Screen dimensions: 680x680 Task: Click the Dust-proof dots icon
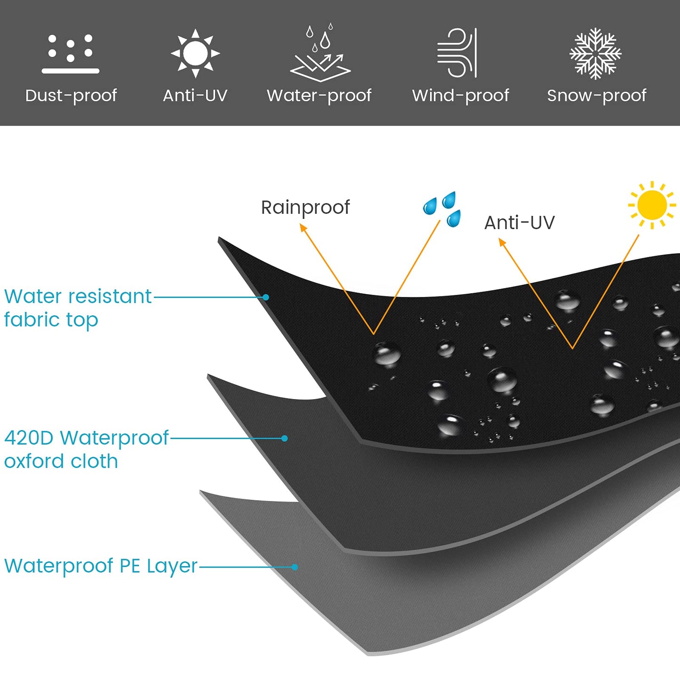click(70, 54)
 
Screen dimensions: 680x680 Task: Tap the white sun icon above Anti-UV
click(195, 53)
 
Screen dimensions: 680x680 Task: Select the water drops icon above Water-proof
click(320, 52)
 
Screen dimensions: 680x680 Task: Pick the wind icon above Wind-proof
click(457, 53)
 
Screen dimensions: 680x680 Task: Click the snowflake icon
click(596, 54)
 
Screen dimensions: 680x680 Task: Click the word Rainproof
click(305, 208)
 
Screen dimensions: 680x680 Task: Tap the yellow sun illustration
click(652, 205)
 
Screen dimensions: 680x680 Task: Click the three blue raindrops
click(442, 209)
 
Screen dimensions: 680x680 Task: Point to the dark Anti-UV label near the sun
click(520, 223)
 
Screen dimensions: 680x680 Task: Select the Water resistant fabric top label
click(78, 308)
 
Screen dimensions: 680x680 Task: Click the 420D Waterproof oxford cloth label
click(87, 449)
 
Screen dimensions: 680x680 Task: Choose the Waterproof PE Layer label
click(101, 567)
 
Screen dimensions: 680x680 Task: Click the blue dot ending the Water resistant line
click(266, 297)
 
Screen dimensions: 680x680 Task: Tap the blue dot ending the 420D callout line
click(285, 439)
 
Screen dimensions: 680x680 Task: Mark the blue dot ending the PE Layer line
click(295, 567)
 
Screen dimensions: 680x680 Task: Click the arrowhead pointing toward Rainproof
click(303, 228)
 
